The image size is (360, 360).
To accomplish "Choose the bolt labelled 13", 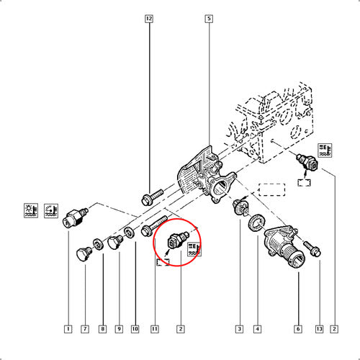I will coord(314,249).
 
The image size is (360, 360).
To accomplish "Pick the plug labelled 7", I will coord(84,253).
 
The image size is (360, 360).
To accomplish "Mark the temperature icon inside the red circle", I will coord(194,250).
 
